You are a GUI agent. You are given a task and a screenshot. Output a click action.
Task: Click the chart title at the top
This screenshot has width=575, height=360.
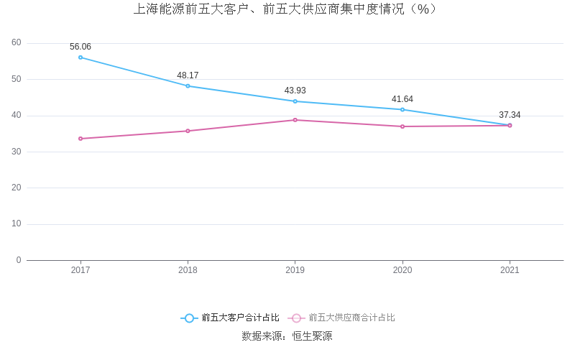click(286, 9)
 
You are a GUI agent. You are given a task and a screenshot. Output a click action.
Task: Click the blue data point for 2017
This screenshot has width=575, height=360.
click(80, 57)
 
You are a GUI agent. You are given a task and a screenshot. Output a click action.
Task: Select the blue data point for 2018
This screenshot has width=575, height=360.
click(188, 86)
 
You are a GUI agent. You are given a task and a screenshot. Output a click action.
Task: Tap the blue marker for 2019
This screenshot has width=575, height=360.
click(295, 101)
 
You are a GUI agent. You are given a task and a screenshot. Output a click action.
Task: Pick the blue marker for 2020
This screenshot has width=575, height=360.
click(402, 109)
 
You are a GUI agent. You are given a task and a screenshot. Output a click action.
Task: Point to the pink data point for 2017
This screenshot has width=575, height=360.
click(80, 139)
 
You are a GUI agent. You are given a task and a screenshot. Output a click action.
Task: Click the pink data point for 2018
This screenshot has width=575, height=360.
click(188, 131)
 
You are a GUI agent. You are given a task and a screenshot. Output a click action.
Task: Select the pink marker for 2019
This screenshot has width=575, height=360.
click(295, 120)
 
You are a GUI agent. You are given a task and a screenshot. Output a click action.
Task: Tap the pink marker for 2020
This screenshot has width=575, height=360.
click(402, 126)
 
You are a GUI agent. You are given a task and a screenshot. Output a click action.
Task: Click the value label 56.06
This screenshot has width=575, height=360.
click(80, 47)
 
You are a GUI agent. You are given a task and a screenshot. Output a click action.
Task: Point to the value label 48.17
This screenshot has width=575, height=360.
click(188, 75)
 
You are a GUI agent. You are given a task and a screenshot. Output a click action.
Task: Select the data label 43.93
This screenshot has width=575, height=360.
click(295, 91)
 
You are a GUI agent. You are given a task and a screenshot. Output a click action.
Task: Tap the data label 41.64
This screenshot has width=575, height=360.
click(402, 99)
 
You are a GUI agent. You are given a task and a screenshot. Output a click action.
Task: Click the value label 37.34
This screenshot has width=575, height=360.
click(510, 115)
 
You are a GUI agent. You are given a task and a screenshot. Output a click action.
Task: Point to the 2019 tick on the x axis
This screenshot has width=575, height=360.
click(295, 270)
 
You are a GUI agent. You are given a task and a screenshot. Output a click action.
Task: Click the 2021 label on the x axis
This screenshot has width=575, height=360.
click(510, 270)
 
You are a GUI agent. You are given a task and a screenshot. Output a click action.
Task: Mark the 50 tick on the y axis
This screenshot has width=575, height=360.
click(17, 79)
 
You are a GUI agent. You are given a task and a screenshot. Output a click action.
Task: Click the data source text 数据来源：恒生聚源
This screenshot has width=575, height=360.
click(287, 336)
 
